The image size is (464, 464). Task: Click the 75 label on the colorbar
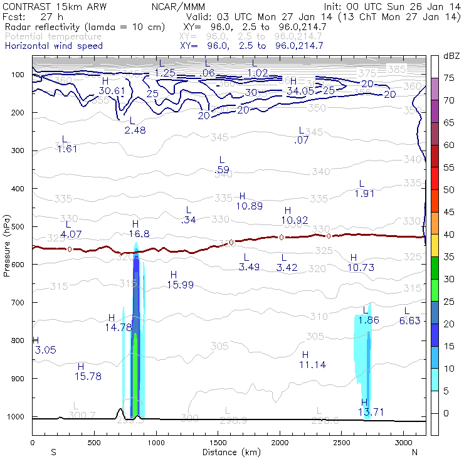[x=449, y=78]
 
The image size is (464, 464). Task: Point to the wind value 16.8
[x=139, y=234]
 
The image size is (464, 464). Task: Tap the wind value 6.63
[x=409, y=320]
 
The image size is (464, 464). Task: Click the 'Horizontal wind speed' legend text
[x=53, y=46]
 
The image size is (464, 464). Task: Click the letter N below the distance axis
[x=414, y=452]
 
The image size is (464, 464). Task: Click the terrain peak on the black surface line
[x=120, y=409]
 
